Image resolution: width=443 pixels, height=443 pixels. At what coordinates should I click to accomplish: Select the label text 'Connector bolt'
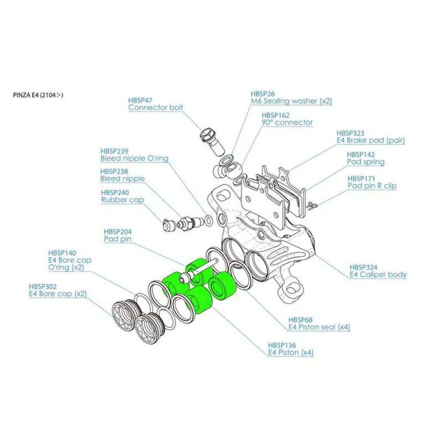[x=155, y=108]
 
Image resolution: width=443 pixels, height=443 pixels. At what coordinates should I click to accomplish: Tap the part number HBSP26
[x=263, y=94]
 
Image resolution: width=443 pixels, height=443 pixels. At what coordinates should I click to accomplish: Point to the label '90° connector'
[x=287, y=123]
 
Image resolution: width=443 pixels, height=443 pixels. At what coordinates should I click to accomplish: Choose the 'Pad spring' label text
[x=365, y=162]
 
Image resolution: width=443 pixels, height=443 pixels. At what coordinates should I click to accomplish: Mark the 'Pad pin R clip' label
[x=372, y=186]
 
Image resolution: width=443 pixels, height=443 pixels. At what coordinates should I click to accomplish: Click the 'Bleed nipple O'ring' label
[x=134, y=159]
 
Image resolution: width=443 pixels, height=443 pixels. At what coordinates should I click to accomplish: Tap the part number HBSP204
[x=118, y=231]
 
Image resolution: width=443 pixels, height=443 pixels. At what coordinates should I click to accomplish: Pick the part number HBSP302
[x=43, y=287]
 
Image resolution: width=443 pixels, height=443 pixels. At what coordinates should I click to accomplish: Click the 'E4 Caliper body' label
[x=378, y=275]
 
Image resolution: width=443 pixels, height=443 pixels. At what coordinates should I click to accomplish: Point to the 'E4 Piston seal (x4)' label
[x=319, y=327]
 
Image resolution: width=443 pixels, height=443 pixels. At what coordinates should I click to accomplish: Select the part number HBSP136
[x=282, y=345]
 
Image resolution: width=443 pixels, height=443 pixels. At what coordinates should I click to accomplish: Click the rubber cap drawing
[x=168, y=226]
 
